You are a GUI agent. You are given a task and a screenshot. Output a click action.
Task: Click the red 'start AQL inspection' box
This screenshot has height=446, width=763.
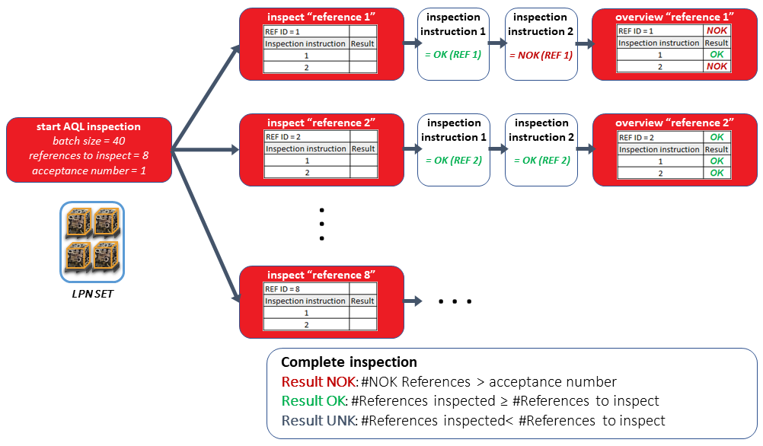(88, 148)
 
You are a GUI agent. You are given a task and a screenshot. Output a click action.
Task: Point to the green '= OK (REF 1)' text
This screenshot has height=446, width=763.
(453, 55)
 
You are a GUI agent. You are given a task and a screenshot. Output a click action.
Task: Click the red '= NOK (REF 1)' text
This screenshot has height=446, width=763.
(541, 55)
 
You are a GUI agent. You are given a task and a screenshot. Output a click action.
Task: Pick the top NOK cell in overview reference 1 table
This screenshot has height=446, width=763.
(717, 30)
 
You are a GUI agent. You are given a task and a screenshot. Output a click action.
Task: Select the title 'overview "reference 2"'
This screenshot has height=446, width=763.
(674, 123)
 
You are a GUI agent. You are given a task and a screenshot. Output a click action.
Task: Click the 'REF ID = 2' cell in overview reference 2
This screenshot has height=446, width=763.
(659, 137)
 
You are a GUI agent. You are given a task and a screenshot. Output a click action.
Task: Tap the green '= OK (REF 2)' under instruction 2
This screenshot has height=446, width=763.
(541, 161)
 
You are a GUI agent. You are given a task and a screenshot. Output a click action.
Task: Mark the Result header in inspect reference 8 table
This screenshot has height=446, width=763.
(362, 301)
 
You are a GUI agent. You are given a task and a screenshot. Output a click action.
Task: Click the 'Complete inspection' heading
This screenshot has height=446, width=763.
(349, 363)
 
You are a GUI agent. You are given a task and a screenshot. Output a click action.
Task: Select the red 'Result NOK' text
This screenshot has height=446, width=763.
(311, 382)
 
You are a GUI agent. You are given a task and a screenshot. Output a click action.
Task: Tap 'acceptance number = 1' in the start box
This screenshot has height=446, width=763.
(88, 170)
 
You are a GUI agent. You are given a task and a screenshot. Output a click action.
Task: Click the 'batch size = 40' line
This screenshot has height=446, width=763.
(88, 142)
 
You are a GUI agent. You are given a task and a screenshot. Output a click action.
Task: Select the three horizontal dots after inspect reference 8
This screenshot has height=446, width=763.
(455, 302)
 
